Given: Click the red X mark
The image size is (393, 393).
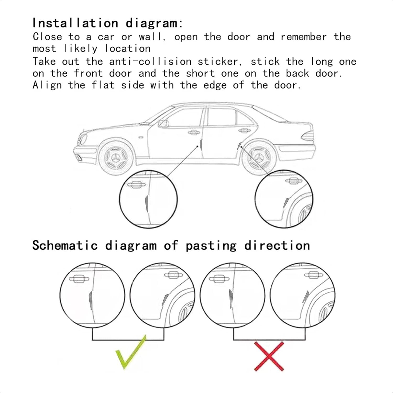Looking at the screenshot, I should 269,356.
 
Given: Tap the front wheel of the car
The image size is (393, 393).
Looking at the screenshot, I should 116,158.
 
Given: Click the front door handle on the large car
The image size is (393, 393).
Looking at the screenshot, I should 194,133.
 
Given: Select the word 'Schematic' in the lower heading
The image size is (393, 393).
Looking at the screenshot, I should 65,246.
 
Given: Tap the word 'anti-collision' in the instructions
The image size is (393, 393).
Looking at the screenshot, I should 150,62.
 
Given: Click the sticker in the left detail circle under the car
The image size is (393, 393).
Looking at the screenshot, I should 147,204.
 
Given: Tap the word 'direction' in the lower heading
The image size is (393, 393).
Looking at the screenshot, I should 277,246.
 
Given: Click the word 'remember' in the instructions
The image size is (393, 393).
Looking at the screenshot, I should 303,37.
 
